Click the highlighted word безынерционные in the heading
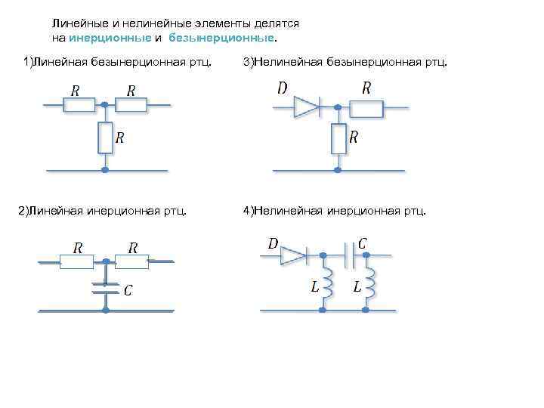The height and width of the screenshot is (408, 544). pyautogui.click(x=222, y=36)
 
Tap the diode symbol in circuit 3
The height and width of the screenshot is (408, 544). pyautogui.click(x=306, y=108)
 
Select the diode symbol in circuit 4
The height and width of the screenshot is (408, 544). pyautogui.click(x=293, y=256)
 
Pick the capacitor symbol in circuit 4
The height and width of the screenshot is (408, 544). pyautogui.click(x=350, y=256)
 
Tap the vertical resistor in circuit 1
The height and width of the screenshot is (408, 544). pyautogui.click(x=105, y=138)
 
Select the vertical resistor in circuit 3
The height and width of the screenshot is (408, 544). pyautogui.click(x=338, y=138)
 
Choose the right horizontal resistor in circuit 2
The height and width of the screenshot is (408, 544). pyautogui.click(x=131, y=261)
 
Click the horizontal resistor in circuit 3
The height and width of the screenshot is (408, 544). pyautogui.click(x=366, y=109)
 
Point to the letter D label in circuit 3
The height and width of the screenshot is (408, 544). pyautogui.click(x=282, y=88)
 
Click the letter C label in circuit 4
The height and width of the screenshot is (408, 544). pyautogui.click(x=363, y=243)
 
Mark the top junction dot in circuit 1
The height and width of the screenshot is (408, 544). pyautogui.click(x=105, y=105)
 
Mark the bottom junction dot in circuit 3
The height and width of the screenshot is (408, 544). pyautogui.click(x=338, y=170)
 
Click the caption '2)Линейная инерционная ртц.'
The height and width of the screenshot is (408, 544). pyautogui.click(x=103, y=209)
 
